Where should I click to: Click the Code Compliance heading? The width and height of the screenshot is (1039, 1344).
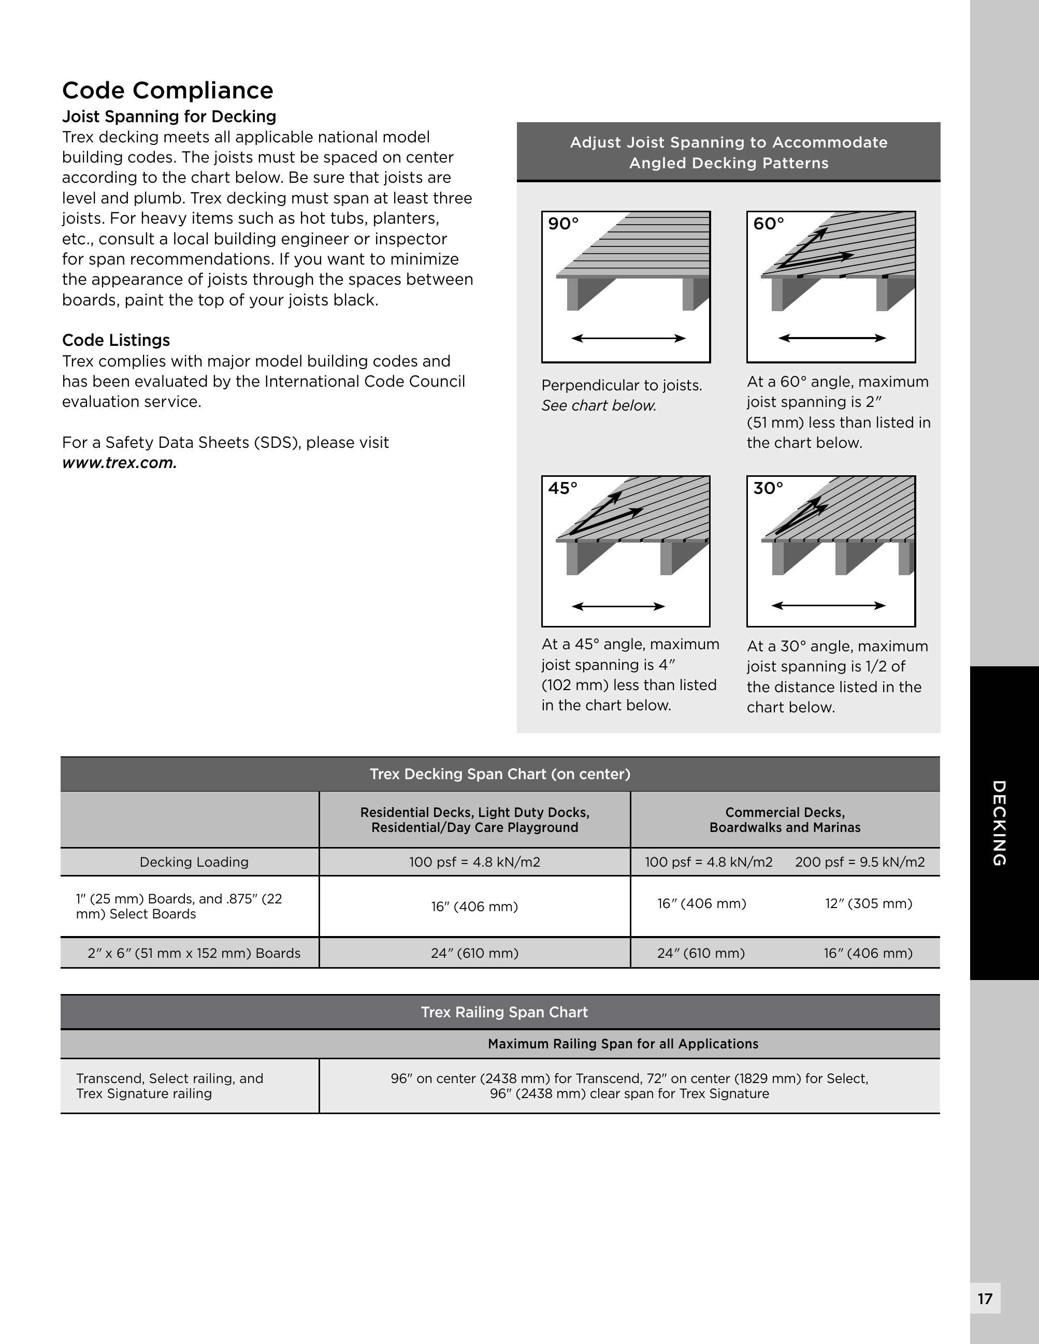(167, 91)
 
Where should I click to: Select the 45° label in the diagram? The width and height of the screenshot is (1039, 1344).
(562, 488)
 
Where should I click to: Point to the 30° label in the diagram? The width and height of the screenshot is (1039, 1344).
(768, 488)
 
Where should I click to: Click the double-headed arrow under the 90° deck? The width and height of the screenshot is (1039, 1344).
(628, 338)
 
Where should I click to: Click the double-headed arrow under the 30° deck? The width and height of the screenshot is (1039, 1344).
(829, 606)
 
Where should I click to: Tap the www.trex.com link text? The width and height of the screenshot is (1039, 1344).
(120, 463)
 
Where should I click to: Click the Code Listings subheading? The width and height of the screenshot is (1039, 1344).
(116, 340)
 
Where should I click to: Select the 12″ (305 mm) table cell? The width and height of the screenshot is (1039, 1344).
(869, 903)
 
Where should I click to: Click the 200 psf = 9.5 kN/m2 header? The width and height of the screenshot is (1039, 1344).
(859, 862)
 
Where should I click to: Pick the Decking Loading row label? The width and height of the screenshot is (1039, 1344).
(194, 862)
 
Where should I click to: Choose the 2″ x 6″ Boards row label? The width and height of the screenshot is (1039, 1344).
(194, 953)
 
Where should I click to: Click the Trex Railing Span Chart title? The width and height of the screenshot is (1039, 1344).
(504, 1012)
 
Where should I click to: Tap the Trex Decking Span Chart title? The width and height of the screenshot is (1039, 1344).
(500, 774)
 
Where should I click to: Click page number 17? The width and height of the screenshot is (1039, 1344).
(985, 1298)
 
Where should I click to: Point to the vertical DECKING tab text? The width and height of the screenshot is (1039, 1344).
(999, 823)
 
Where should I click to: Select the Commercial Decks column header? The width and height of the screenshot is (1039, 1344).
(785, 820)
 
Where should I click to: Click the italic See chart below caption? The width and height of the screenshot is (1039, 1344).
(598, 405)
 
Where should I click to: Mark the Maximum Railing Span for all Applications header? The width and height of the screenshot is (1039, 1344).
(623, 1044)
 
